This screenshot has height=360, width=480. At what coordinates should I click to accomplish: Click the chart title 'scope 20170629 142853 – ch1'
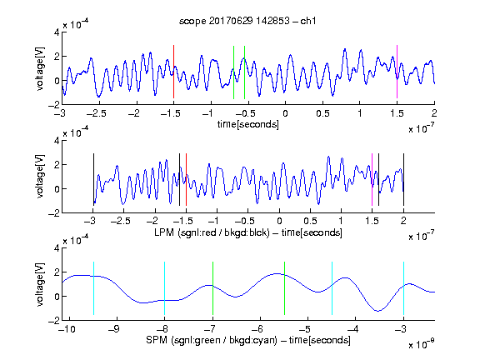[x=247, y=21]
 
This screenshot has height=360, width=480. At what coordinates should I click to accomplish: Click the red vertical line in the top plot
[x=173, y=72]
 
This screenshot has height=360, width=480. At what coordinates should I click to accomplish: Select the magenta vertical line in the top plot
[x=397, y=72]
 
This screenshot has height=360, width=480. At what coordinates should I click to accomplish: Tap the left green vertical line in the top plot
[x=233, y=72]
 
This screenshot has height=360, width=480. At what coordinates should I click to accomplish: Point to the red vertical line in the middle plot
[x=186, y=179]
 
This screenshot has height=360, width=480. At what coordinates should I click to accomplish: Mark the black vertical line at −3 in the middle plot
[x=93, y=179]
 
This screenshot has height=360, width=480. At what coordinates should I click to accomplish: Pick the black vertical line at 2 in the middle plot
[x=403, y=179]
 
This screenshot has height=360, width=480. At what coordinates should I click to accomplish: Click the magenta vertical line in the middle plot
[x=372, y=179]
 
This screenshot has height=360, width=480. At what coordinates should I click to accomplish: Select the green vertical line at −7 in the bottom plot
[x=212, y=288]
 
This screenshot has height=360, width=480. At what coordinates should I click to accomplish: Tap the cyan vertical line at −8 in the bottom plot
[x=164, y=288]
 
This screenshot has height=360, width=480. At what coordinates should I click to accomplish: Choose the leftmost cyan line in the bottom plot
[x=93, y=288]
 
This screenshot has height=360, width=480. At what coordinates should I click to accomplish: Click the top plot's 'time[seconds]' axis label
[x=248, y=124]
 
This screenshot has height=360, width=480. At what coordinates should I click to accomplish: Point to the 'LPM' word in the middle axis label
[x=164, y=232]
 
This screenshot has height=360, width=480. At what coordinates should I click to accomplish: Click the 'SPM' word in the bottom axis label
[x=157, y=340]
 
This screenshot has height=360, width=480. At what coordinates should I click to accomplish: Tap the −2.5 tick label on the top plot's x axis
[x=96, y=113]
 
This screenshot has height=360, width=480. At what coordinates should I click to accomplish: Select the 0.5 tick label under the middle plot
[x=310, y=221]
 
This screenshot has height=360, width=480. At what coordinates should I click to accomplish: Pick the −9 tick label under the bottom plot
[x=113, y=329]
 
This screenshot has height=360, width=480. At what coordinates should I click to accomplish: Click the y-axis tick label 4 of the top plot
[x=57, y=32]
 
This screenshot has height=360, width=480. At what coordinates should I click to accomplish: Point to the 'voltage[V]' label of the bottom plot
[x=40, y=284]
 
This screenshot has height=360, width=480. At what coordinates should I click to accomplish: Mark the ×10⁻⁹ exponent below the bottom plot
[x=421, y=343]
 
